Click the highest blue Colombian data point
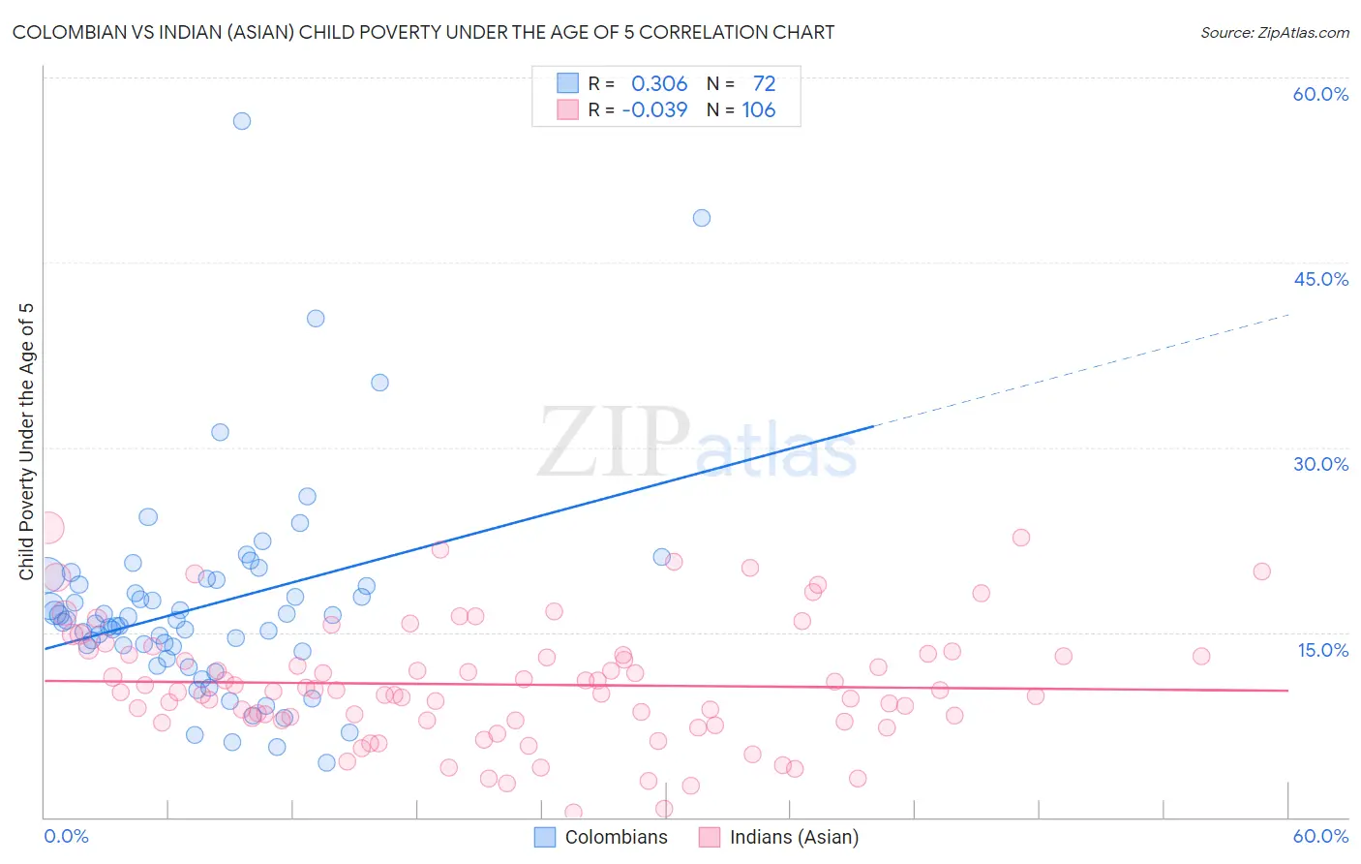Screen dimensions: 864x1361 (x=242, y=121)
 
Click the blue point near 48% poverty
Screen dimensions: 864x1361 (x=702, y=218)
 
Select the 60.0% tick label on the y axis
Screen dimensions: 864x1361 (x=1320, y=94)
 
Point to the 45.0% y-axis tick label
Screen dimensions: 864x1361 (x=1320, y=279)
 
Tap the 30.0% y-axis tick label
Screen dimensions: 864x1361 (x=1320, y=464)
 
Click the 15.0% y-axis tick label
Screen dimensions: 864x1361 (x=1322, y=650)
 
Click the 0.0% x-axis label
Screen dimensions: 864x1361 (x=66, y=836)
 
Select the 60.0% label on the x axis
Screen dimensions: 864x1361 (x=1320, y=836)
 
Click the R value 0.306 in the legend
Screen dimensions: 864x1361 (x=659, y=84)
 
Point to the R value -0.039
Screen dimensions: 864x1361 (x=654, y=110)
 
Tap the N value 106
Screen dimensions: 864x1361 (x=759, y=110)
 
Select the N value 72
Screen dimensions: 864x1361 (x=764, y=84)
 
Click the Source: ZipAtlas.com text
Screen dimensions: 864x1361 (x=1274, y=33)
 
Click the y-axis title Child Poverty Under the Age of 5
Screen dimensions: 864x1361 (x=27, y=442)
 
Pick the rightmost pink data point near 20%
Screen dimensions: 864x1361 (x=1261, y=571)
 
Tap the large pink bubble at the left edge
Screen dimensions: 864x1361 (x=47, y=528)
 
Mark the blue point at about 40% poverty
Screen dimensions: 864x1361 (x=316, y=319)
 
